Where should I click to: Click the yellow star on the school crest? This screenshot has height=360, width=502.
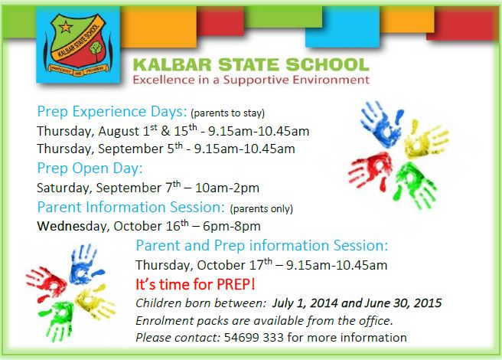(65, 27)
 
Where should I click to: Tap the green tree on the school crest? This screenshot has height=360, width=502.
(96, 49)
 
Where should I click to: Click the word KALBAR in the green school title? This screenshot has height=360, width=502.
(172, 64)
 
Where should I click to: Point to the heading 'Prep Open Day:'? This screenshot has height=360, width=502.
(90, 169)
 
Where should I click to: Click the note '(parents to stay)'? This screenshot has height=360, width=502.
(227, 113)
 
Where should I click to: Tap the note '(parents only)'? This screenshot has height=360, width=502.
(261, 208)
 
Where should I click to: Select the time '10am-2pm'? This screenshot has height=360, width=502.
(227, 188)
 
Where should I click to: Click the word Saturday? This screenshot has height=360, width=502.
(64, 188)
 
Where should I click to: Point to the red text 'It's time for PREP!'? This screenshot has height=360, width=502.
(195, 284)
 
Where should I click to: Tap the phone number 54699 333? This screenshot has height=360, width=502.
(254, 338)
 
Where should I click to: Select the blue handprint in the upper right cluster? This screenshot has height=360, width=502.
(381, 123)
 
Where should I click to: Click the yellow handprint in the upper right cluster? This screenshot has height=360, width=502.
(426, 139)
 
